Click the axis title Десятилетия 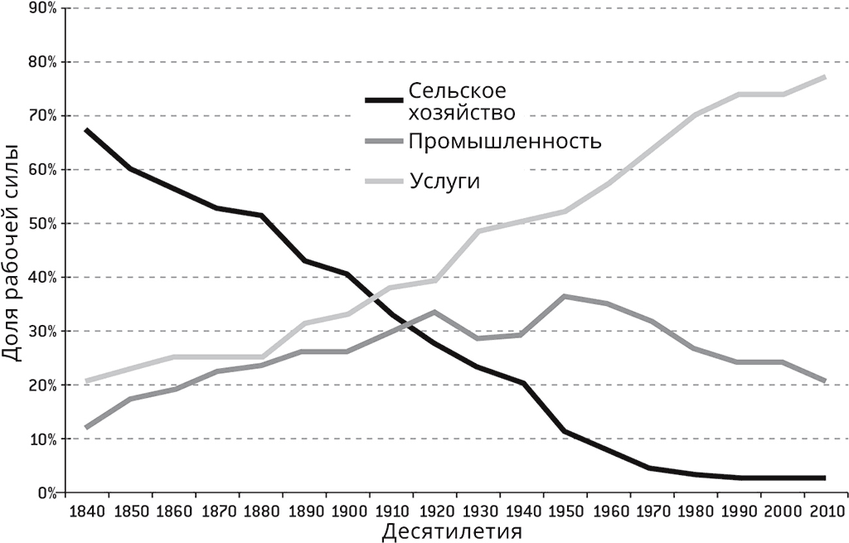[x=453, y=531]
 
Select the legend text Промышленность [x=503, y=141]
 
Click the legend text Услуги [x=444, y=181]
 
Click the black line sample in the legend [x=383, y=100]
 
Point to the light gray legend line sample [x=383, y=181]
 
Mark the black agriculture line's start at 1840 [x=86, y=130]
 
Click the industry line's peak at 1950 [x=564, y=296]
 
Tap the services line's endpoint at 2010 [x=824, y=77]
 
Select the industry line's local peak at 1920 [x=434, y=312]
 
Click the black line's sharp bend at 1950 [x=564, y=431]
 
